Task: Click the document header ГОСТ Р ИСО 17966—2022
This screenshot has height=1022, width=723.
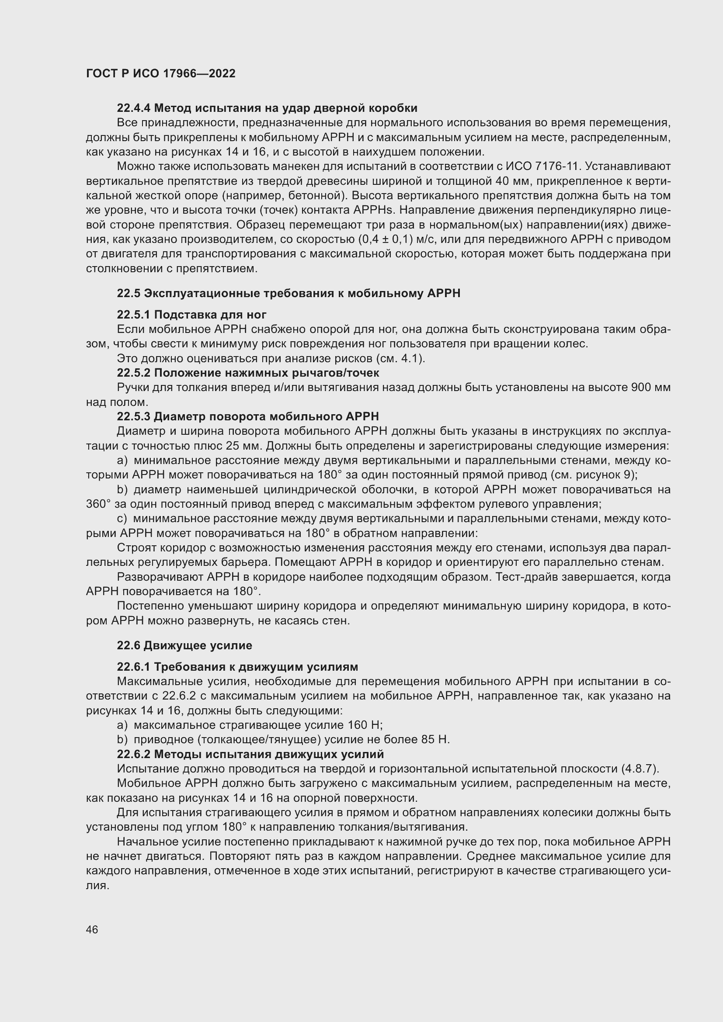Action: [161, 73]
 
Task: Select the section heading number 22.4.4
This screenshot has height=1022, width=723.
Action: [134, 108]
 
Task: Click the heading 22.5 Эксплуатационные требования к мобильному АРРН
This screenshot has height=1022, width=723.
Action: [289, 293]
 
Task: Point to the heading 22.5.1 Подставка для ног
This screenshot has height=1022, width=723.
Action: [191, 315]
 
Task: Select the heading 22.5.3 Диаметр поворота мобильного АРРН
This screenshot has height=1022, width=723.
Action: [248, 416]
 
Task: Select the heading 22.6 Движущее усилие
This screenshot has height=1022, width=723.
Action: [184, 645]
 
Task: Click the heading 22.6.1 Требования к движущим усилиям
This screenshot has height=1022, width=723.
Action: [237, 667]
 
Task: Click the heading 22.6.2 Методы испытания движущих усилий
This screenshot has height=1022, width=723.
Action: [250, 755]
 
